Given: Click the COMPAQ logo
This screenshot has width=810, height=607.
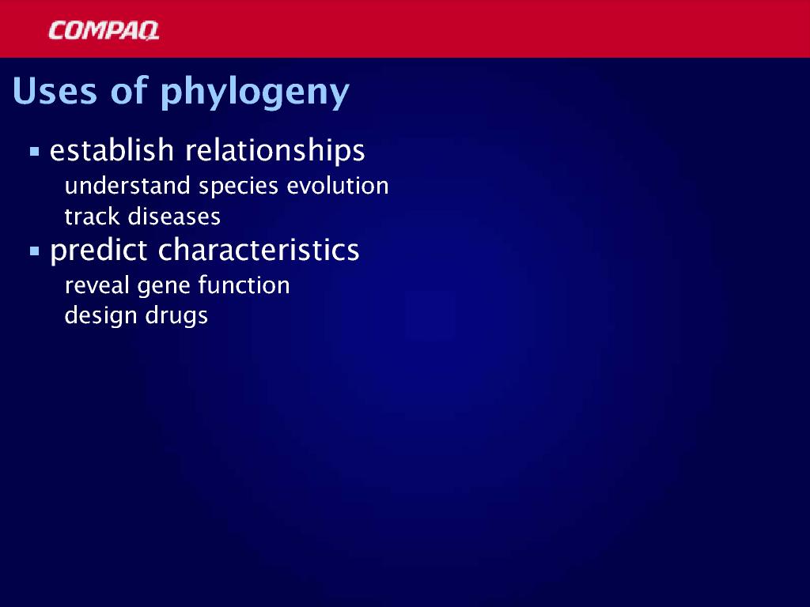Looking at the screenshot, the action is tap(104, 31).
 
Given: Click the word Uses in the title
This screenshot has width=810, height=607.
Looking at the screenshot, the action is tap(55, 91).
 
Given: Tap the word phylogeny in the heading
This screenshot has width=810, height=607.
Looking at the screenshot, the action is tap(255, 93).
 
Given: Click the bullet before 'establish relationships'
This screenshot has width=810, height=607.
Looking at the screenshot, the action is tap(35, 152).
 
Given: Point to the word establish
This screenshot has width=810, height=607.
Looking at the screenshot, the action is tap(112, 150).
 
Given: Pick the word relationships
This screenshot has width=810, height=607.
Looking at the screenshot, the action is tap(274, 151).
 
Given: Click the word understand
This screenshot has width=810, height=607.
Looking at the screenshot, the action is tap(127, 186).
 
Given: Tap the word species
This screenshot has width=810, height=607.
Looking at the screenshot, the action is tap(239, 187).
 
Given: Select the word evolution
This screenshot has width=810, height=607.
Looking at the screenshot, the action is tap(337, 186).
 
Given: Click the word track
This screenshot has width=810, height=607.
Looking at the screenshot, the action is tap(93, 217).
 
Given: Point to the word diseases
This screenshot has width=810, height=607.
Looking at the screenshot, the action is tap(175, 217).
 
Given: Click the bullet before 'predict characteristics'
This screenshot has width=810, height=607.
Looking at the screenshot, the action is tap(35, 251).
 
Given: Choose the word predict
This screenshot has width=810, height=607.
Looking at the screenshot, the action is tap(99, 251).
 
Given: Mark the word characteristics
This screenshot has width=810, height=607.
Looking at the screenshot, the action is tap(259, 250).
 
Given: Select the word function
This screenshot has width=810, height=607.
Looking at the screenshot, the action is tap(244, 285).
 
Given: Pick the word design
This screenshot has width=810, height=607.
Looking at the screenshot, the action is tap(100, 316).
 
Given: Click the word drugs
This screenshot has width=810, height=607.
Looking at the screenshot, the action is tap(176, 316).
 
